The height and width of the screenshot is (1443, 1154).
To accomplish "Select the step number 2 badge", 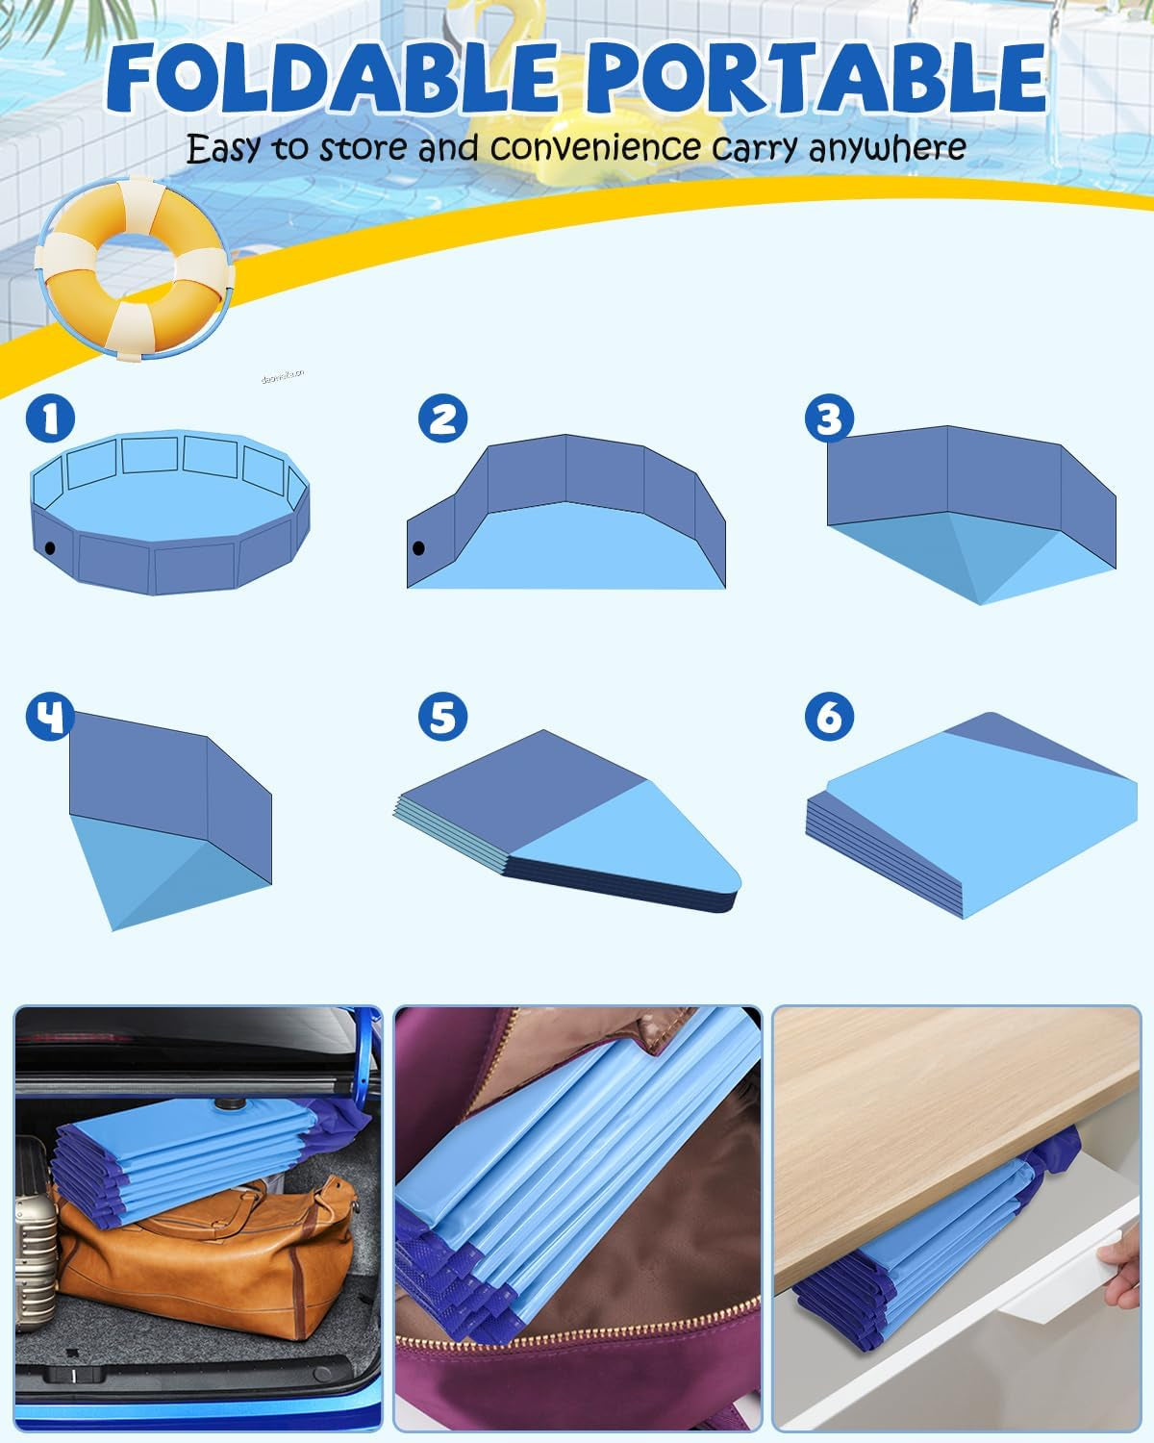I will point(442,418).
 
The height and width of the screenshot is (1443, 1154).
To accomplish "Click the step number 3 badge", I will point(830,418).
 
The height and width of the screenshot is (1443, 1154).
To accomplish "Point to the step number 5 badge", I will point(442,717).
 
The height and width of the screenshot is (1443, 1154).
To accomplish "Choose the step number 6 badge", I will point(830,717).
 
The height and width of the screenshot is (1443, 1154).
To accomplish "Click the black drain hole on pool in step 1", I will point(49,548).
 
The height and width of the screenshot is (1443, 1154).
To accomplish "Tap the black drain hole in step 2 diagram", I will point(418,549).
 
